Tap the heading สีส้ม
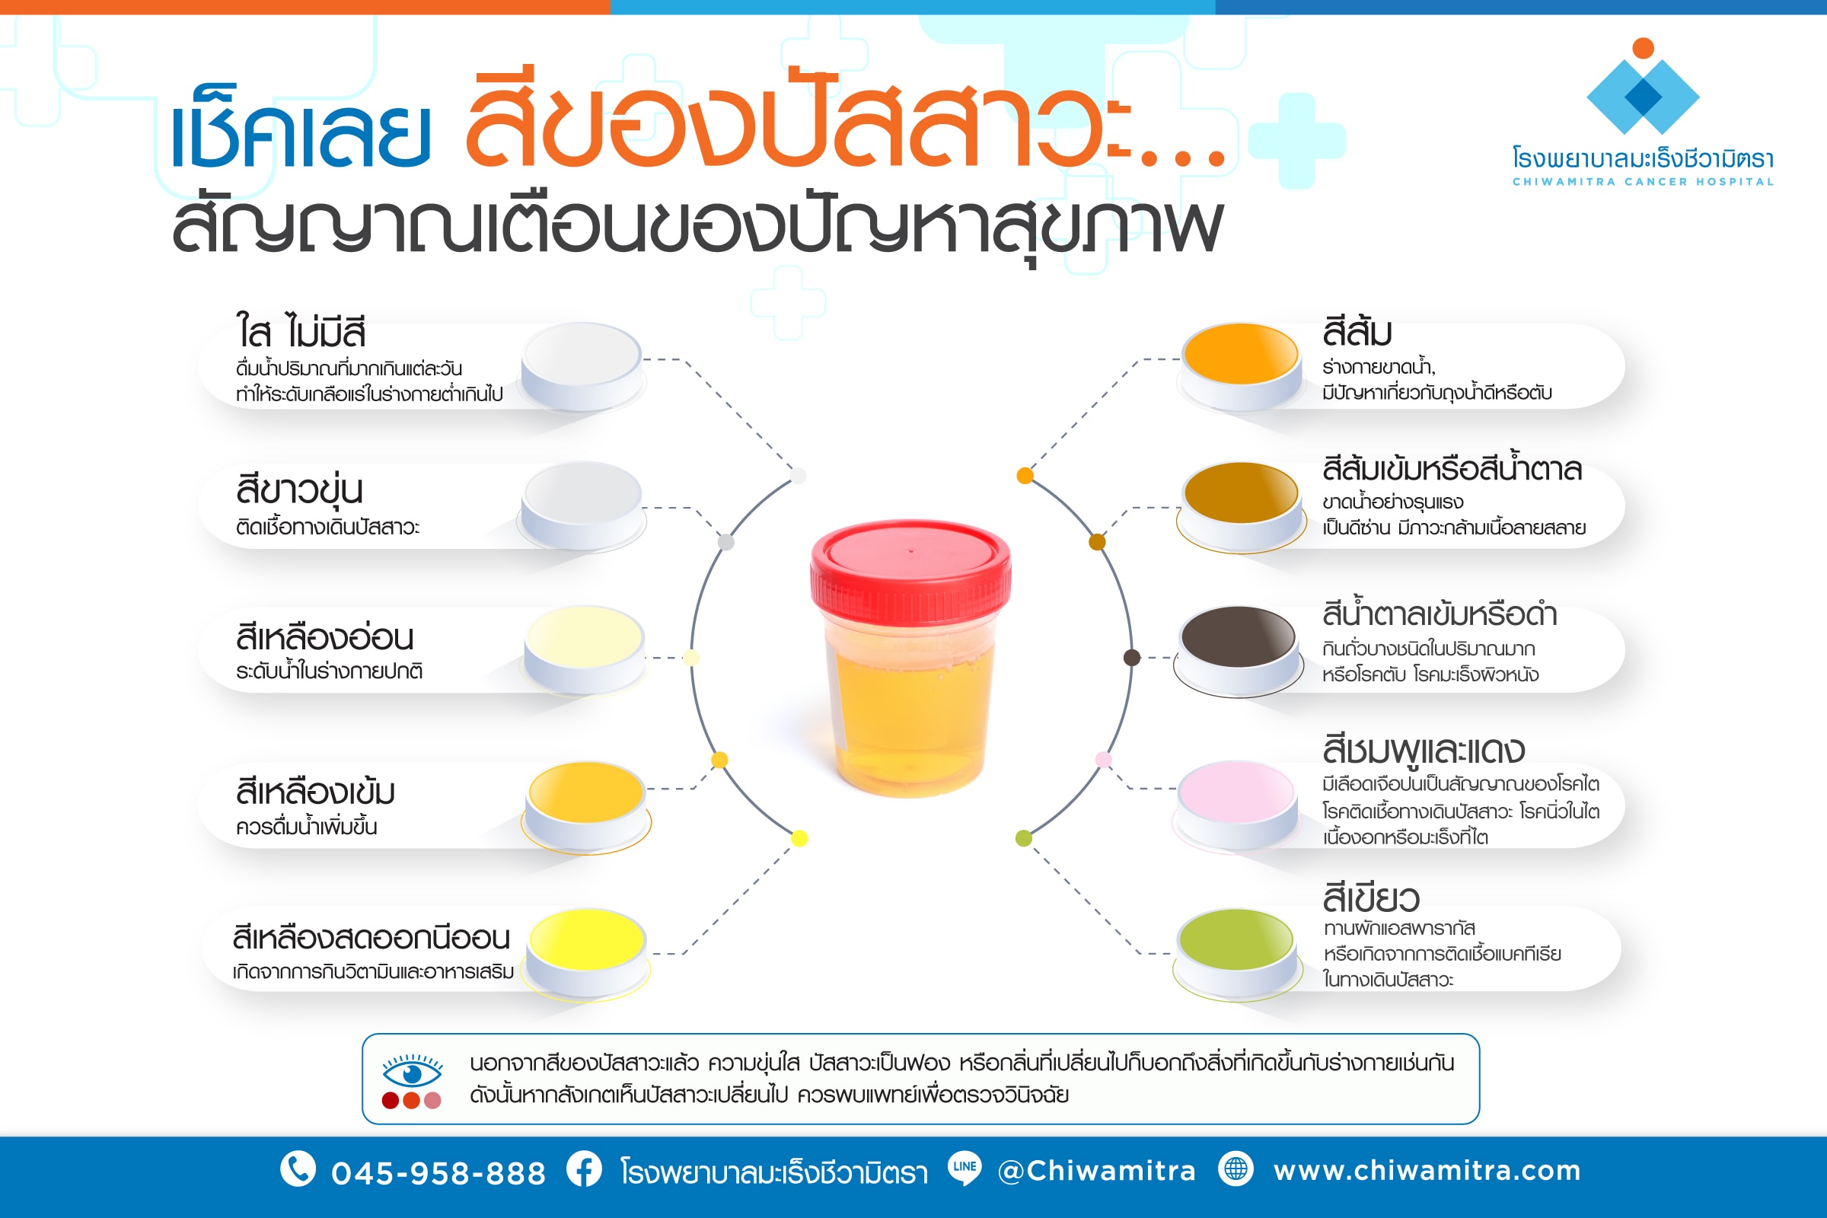pyautogui.click(x=1357, y=333)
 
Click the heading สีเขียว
pyautogui.click(x=1371, y=899)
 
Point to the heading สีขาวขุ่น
pyautogui.click(x=299, y=490)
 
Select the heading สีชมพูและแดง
pyautogui.click(x=1423, y=750)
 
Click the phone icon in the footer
pyautogui.click(x=298, y=1169)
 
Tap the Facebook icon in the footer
pyautogui.click(x=583, y=1169)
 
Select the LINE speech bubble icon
pyautogui.click(x=964, y=1168)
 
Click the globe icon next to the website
pyautogui.click(x=1236, y=1169)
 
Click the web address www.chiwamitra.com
pyautogui.click(x=1427, y=1171)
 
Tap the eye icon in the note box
pyautogui.click(x=412, y=1073)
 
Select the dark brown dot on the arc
pyautogui.click(x=1132, y=658)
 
